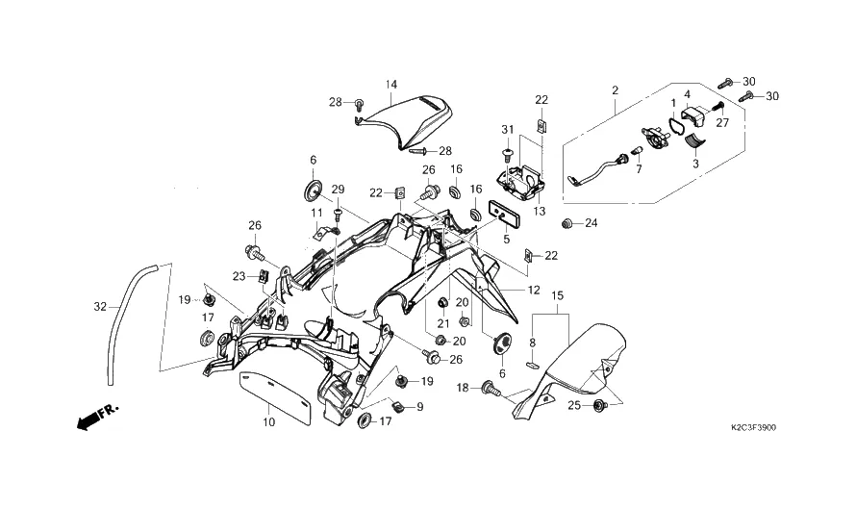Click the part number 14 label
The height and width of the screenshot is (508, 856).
point(391,85)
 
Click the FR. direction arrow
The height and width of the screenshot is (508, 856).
point(95,416)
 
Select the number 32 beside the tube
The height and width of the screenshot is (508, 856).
point(101,308)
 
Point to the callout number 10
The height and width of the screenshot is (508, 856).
point(268,421)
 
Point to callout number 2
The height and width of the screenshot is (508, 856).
point(615,90)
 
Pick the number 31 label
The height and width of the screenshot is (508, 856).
point(508,130)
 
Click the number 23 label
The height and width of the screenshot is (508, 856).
point(239,276)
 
